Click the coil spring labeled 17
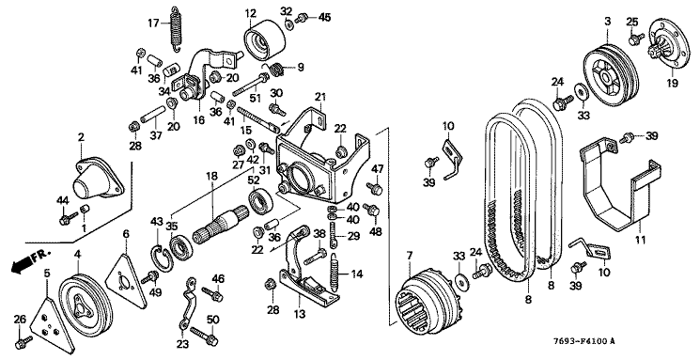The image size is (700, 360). [178, 27]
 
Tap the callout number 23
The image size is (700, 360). [182, 345]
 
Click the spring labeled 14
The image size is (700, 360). [335, 271]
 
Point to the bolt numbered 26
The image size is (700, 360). [23, 342]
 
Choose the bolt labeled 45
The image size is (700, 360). [303, 18]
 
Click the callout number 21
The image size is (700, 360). [320, 97]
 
